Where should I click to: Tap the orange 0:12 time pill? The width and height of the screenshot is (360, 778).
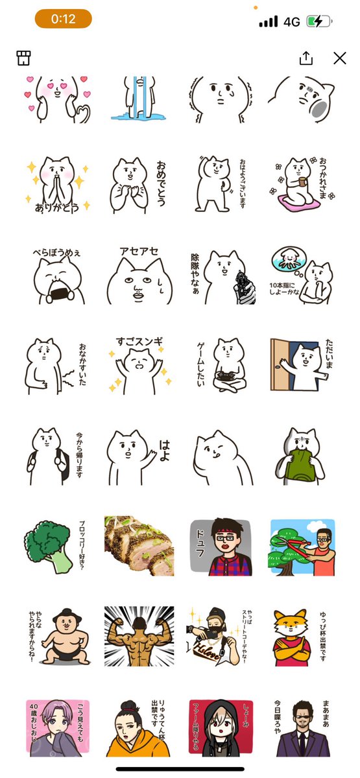click(x=63, y=19)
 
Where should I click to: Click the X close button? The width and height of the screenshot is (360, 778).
click(x=339, y=58)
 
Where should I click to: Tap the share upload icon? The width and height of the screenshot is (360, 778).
click(x=306, y=58)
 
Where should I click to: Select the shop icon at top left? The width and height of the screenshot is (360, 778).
click(x=24, y=58)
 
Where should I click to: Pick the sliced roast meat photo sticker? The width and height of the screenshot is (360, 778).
click(x=139, y=547)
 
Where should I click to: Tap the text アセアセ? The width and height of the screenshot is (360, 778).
click(x=139, y=252)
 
